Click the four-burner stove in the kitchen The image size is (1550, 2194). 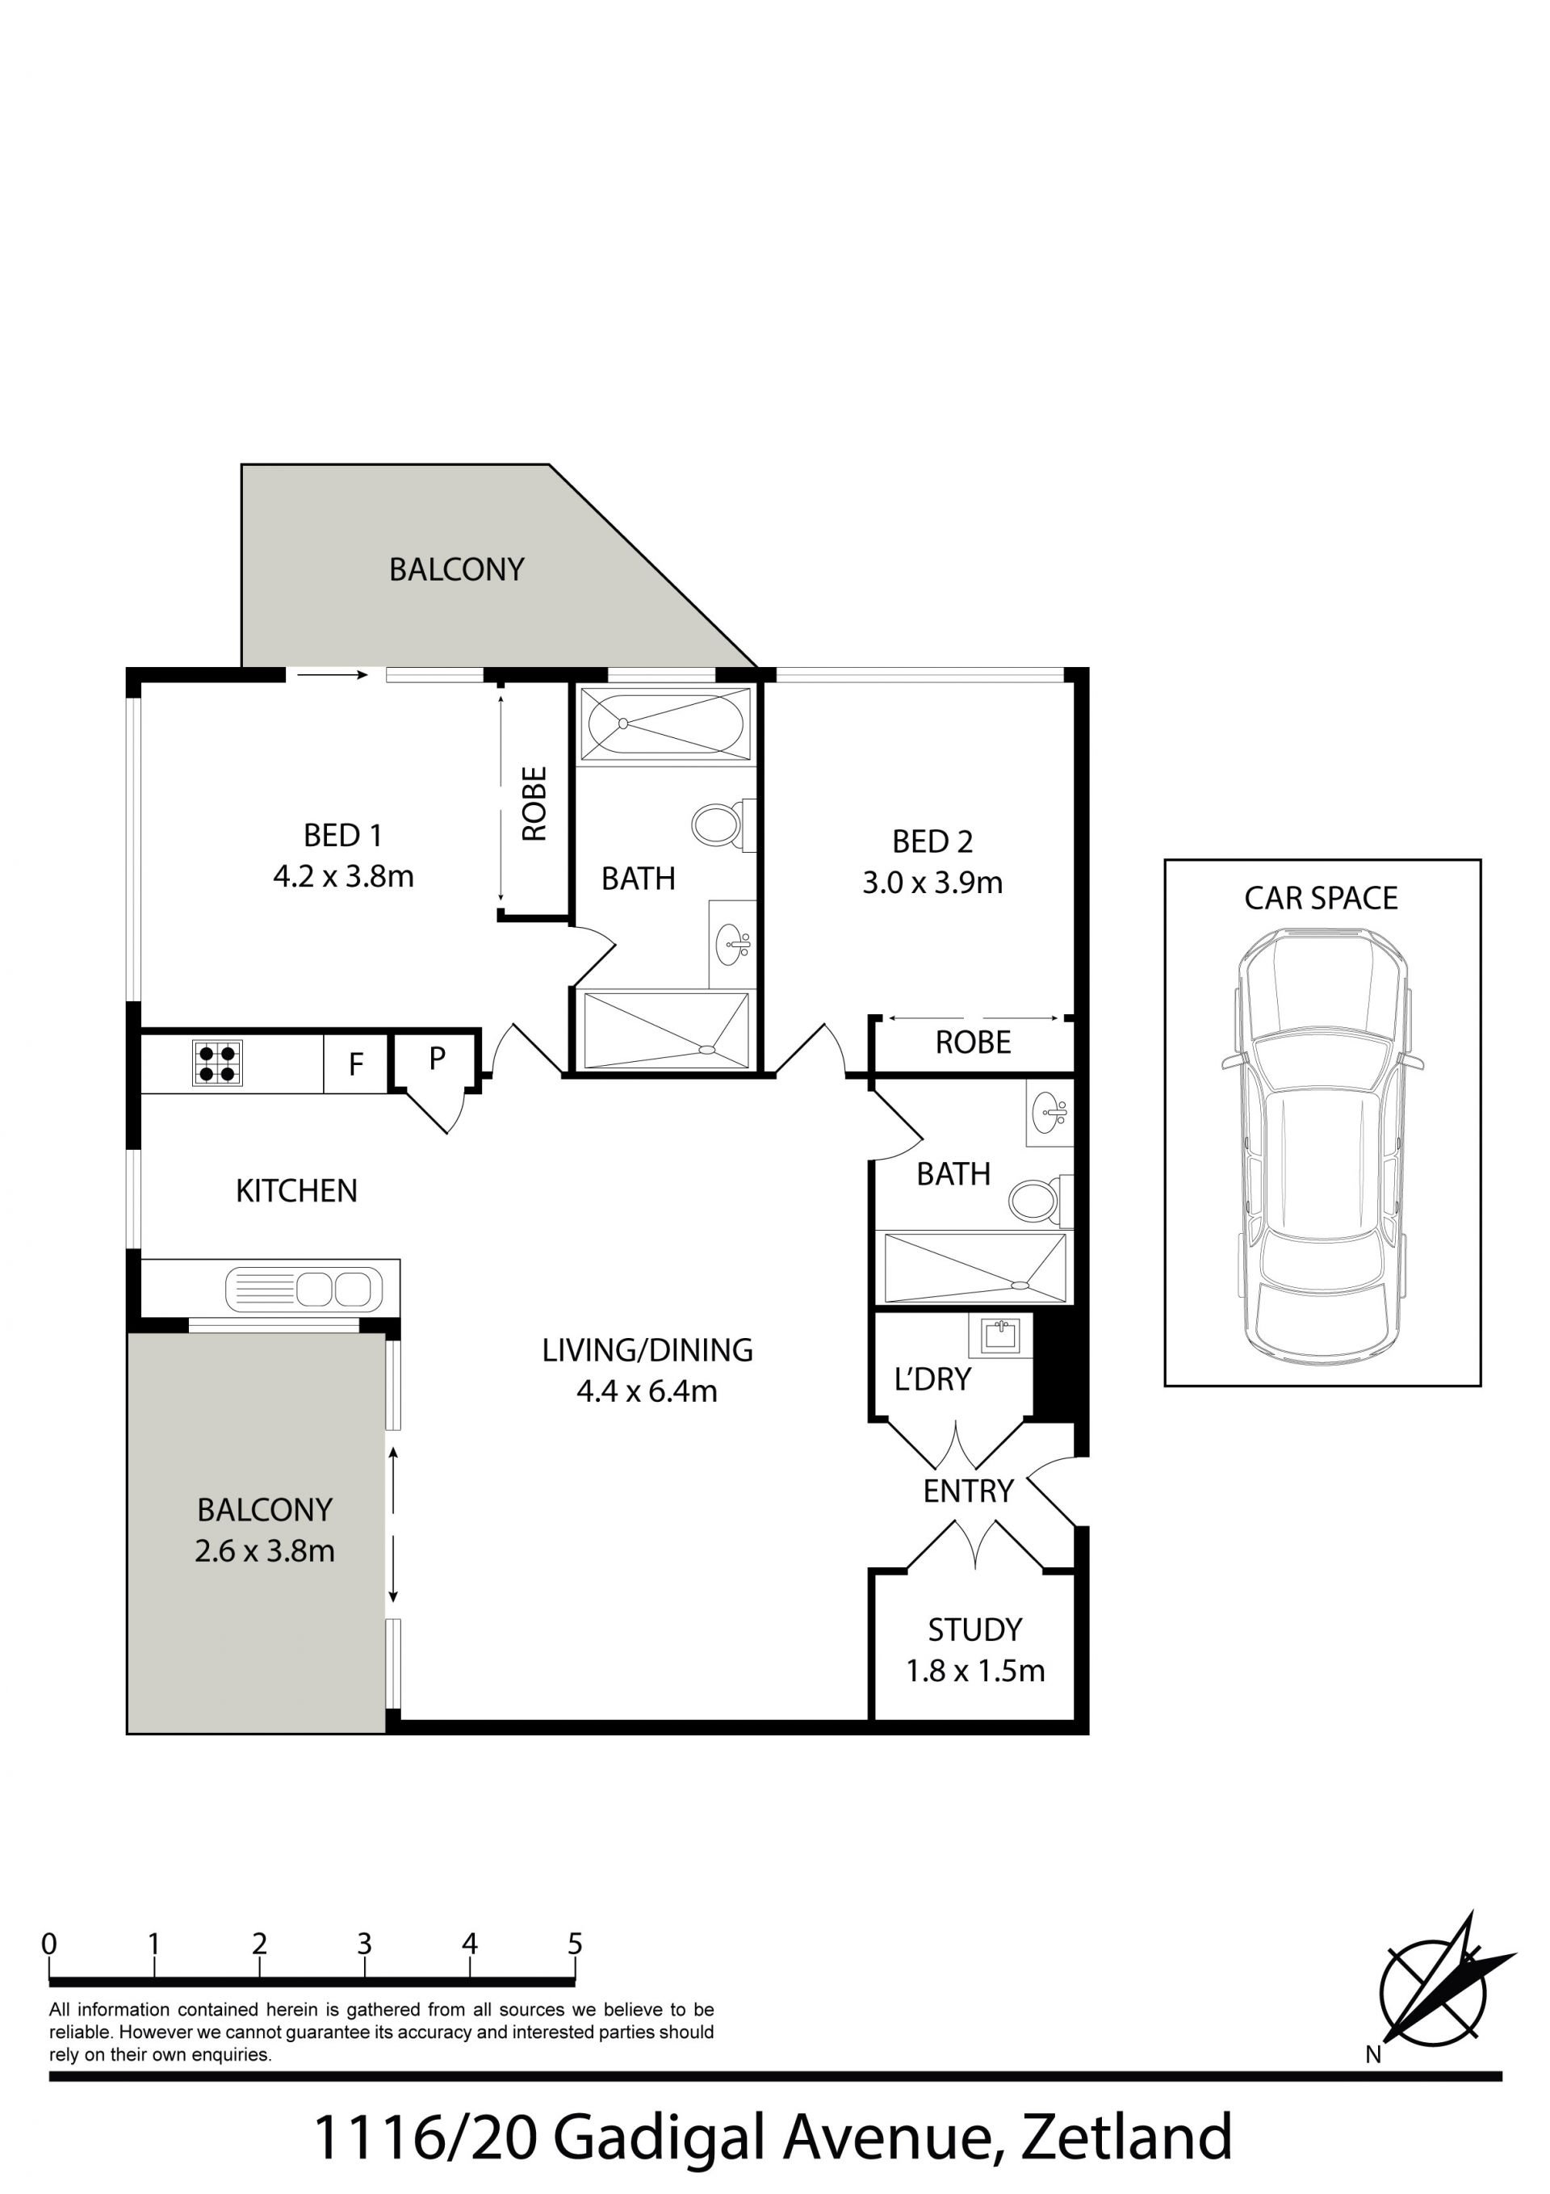218,1063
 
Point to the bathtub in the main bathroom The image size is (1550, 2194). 666,724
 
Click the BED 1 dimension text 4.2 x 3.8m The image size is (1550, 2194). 343,876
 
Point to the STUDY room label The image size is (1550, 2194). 974,1630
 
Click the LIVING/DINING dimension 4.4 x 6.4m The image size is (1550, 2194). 647,1391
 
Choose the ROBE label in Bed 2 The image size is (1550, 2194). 973,1042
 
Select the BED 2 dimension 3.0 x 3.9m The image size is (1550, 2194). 932,882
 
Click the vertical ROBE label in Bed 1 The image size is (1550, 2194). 534,803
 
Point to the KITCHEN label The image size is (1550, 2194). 296,1190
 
